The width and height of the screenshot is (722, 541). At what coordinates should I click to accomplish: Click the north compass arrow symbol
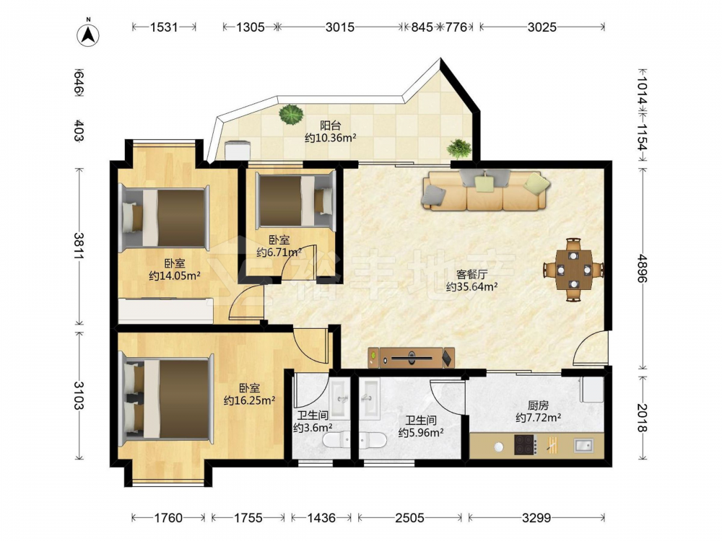click(x=88, y=35)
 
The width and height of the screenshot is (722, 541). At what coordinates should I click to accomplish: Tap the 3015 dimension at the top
click(x=340, y=27)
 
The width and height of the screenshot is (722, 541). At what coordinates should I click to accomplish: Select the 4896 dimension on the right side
click(x=643, y=268)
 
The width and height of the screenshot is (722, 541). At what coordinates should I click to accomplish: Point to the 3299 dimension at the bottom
click(x=536, y=518)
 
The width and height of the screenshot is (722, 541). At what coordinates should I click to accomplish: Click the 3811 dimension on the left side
click(x=79, y=247)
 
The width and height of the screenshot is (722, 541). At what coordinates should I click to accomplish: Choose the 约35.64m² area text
click(x=471, y=287)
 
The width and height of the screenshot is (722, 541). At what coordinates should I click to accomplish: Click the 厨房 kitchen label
click(x=538, y=405)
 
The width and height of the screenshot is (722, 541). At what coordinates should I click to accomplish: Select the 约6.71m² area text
click(x=279, y=252)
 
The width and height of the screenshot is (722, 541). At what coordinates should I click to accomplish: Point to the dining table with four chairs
click(x=573, y=270)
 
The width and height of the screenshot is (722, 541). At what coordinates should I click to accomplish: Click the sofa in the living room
click(x=484, y=190)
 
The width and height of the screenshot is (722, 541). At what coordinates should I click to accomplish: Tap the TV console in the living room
click(x=412, y=358)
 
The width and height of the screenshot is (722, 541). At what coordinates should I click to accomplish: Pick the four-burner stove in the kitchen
click(x=526, y=445)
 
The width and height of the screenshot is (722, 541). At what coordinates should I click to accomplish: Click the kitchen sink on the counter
click(x=583, y=445)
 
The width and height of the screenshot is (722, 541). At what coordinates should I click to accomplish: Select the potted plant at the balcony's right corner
click(x=459, y=149)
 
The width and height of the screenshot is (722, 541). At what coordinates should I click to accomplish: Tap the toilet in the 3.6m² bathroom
click(x=336, y=441)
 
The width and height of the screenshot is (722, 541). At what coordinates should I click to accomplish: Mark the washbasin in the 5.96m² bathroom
click(x=369, y=398)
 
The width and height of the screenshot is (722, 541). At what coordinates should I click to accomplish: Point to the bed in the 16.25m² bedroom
click(x=167, y=399)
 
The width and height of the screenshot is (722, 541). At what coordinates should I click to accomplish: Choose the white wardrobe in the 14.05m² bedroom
click(x=166, y=310)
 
